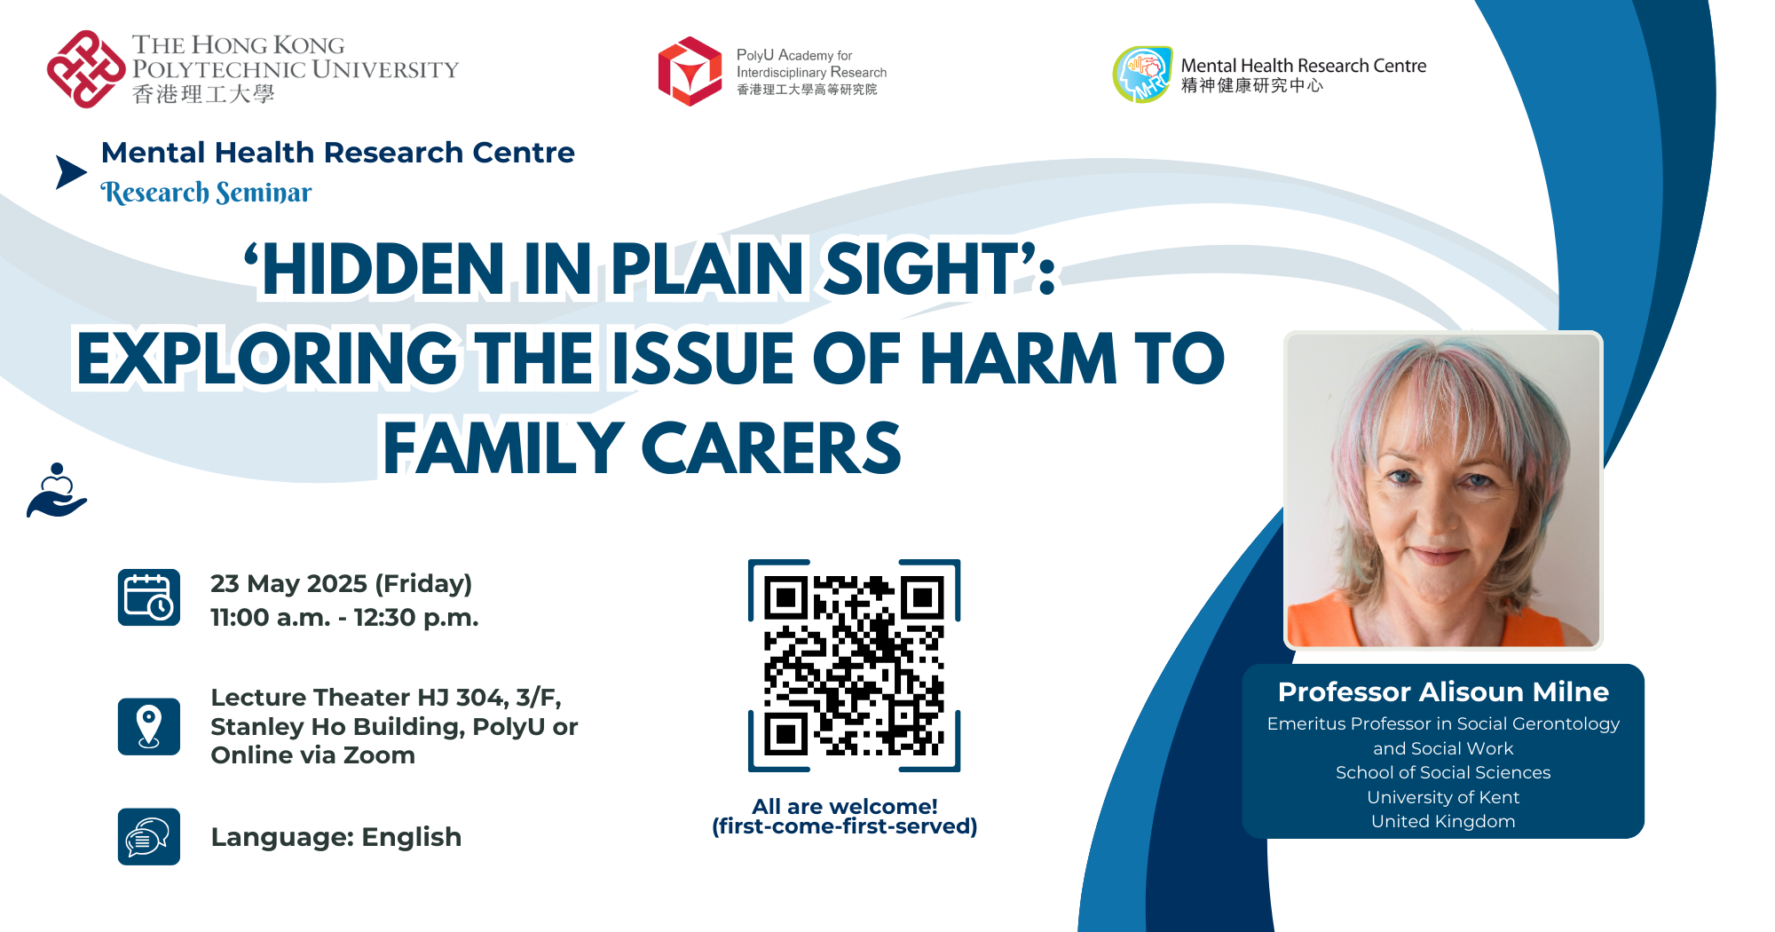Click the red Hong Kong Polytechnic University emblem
tap(86, 69)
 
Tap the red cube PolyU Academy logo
tap(690, 71)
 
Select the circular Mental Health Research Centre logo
tap(1143, 75)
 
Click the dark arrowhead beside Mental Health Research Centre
tap(71, 172)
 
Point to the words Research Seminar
tap(207, 192)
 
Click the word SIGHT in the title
tap(920, 270)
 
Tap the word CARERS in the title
tap(771, 448)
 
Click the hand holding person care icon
tap(57, 490)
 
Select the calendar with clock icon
tap(149, 597)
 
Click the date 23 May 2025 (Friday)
tap(341, 583)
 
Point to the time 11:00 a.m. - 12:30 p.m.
tap(344, 617)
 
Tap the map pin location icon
tap(149, 726)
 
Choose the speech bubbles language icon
tap(149, 836)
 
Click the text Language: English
tap(336, 837)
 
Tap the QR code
tap(855, 666)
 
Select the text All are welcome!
tap(845, 806)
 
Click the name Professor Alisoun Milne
tap(1443, 691)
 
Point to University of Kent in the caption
tap(1443, 797)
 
